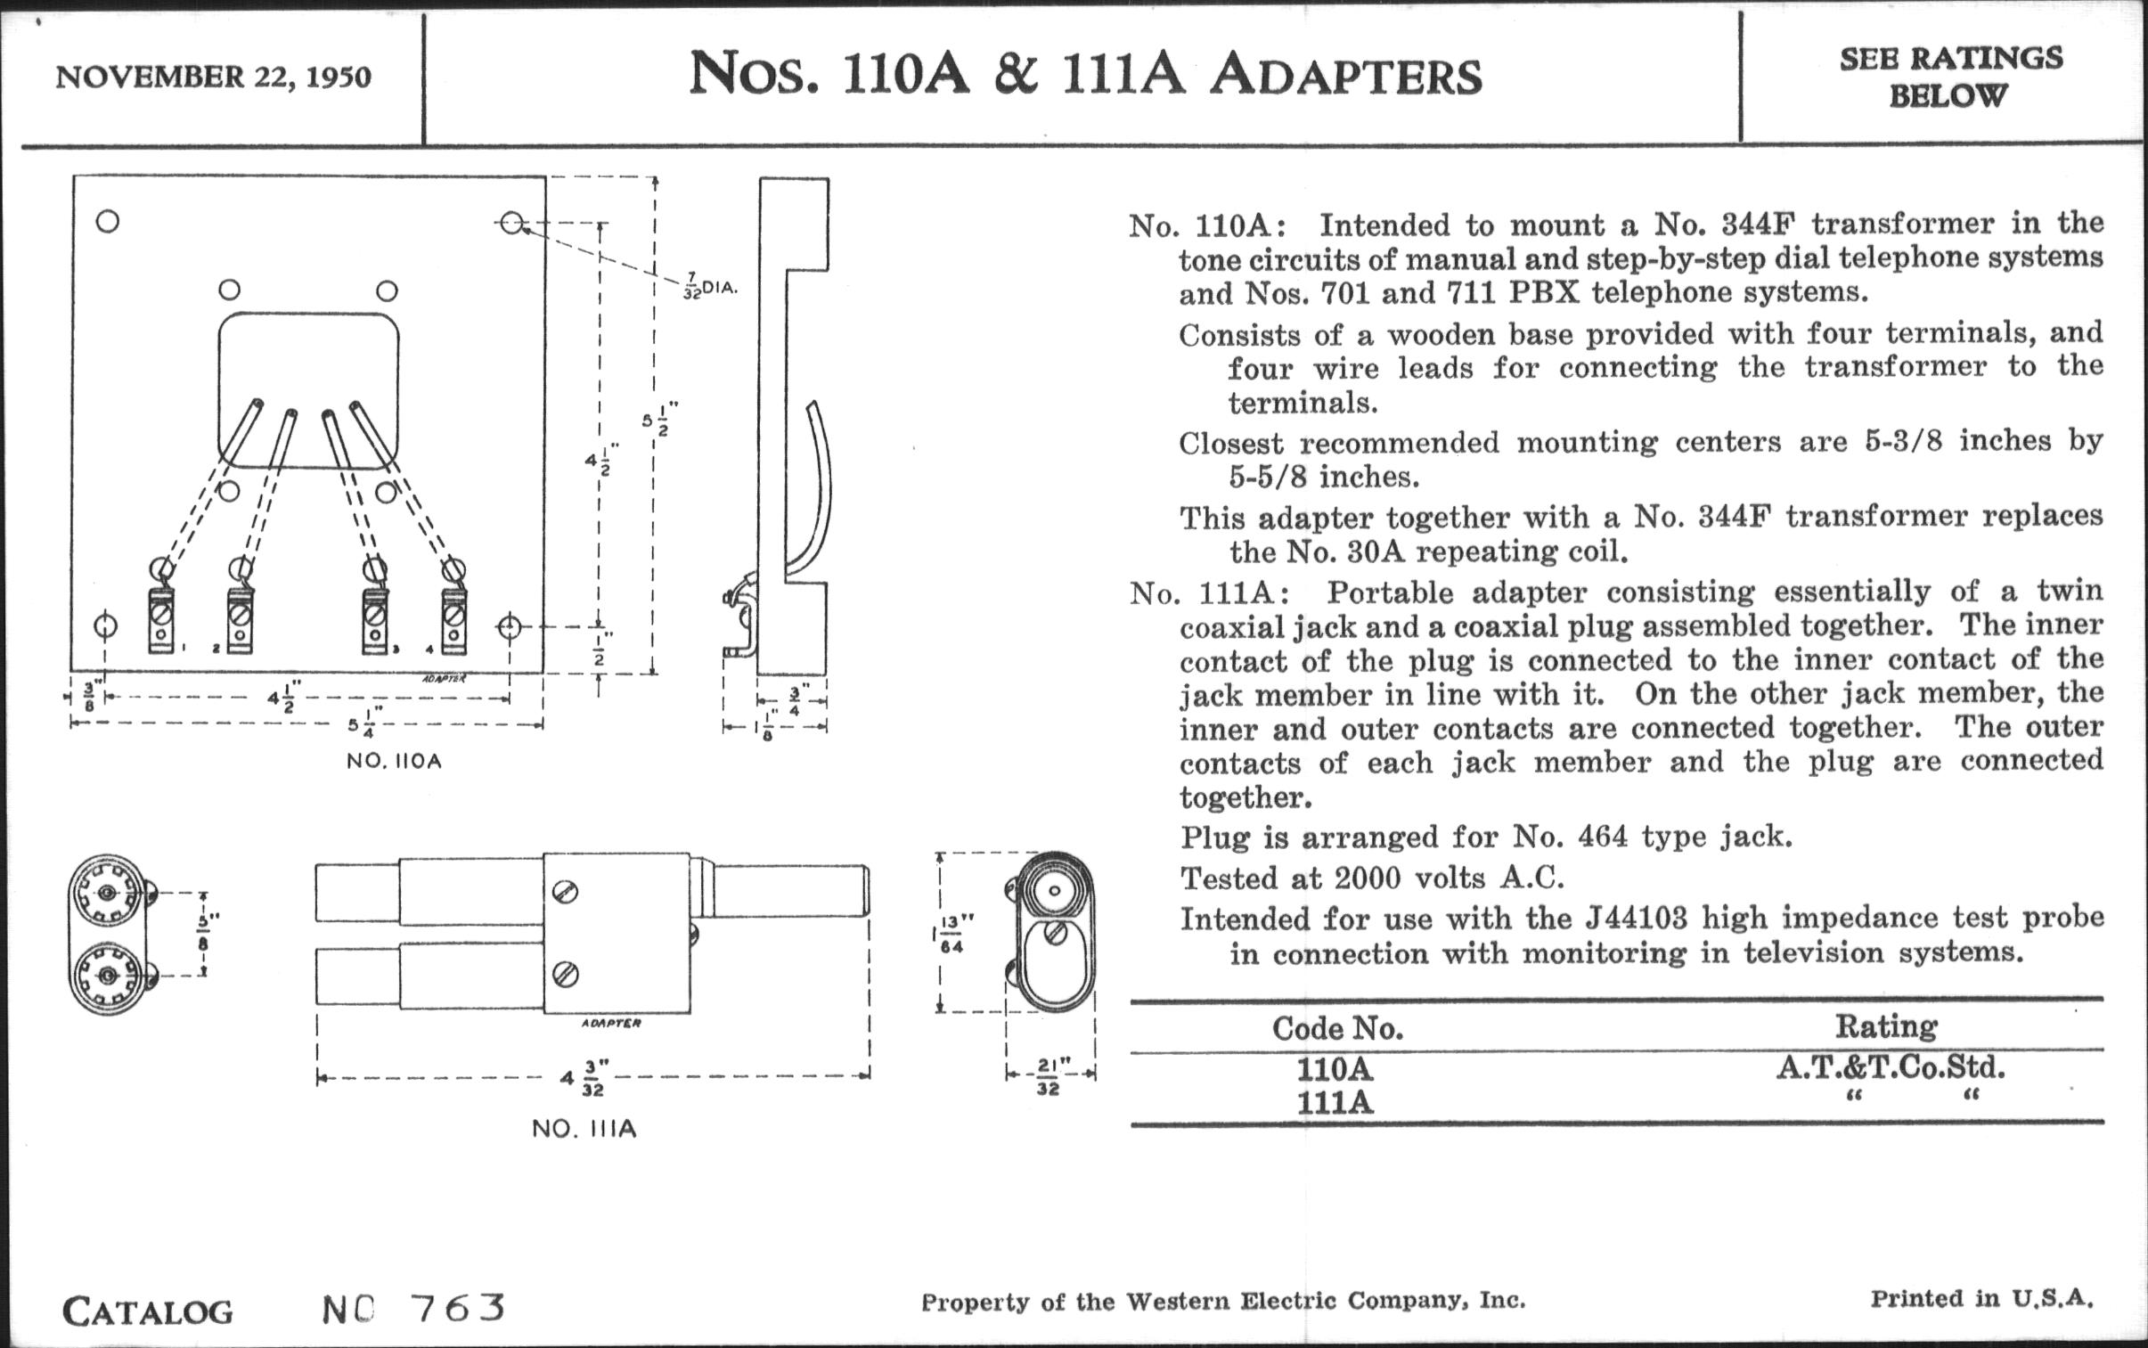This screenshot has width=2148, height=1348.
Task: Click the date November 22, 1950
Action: [x=213, y=77]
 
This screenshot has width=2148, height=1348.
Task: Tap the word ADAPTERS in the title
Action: [x=1345, y=76]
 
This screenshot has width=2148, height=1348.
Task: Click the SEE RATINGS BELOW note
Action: [x=1950, y=77]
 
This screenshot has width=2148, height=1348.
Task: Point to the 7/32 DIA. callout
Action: [x=708, y=288]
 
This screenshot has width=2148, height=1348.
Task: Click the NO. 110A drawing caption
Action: [x=394, y=763]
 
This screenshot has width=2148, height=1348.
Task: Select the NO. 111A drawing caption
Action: [x=584, y=1130]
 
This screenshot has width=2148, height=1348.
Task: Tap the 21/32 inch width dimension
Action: [x=1049, y=1076]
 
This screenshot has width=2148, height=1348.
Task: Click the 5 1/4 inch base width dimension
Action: [x=361, y=726]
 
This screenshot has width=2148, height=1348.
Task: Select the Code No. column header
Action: [x=1337, y=1029]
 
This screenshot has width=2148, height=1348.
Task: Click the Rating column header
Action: [x=1885, y=1027]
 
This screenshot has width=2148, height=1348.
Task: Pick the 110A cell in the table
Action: [x=1335, y=1068]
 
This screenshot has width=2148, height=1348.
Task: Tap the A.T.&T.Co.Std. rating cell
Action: [x=1891, y=1067]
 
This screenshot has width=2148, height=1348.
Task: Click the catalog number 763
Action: [x=458, y=1308]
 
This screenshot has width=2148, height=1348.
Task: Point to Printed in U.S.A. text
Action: [x=1981, y=1298]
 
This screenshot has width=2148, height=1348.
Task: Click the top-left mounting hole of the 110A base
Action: [x=107, y=221]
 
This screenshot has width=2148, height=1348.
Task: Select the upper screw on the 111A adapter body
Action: [x=566, y=892]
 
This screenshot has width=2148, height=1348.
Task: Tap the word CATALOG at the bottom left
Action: [x=147, y=1311]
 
